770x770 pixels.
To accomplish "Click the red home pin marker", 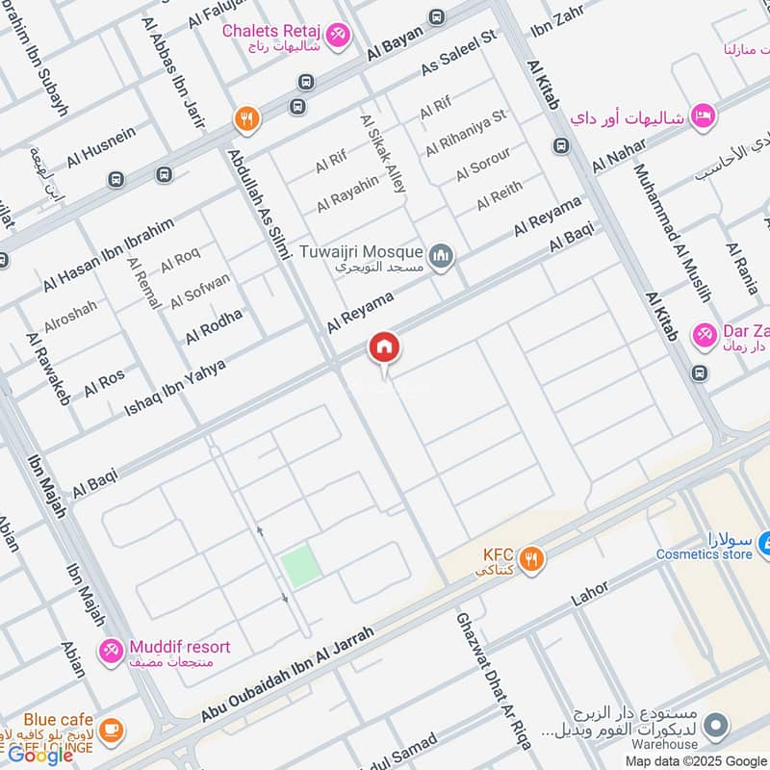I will tap(384, 348).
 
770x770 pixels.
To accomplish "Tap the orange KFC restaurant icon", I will tap(530, 556).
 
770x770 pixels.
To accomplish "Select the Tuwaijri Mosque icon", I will tap(442, 256).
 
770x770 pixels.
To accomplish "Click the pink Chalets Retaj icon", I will tap(337, 37).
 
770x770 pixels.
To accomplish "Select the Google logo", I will tap(40, 756).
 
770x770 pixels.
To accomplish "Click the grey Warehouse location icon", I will tap(715, 724).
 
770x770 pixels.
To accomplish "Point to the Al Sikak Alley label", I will tap(383, 154).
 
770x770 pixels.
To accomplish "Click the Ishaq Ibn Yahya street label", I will tap(175, 388).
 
